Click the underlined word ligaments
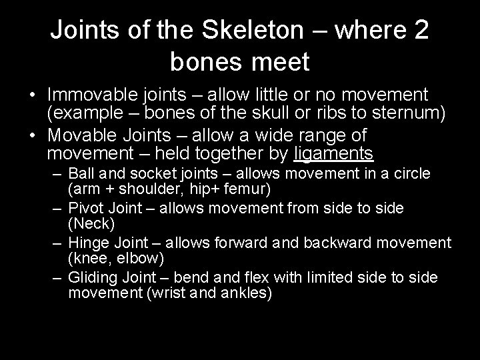click(334, 154)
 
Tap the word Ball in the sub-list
click(81, 174)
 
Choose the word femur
click(247, 189)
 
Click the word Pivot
click(84, 209)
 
